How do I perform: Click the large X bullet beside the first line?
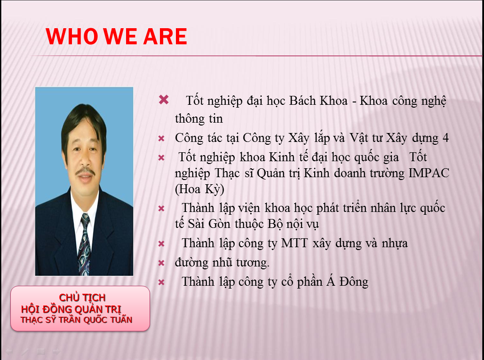(164, 100)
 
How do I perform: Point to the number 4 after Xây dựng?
(445, 138)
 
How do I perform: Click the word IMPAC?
(429, 173)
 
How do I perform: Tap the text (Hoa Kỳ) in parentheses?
(199, 189)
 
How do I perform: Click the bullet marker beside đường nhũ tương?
(161, 263)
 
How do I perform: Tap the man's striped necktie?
(84, 244)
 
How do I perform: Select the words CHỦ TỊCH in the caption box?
(82, 297)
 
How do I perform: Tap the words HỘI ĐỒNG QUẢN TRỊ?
(71, 309)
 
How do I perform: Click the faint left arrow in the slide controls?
(9, 351)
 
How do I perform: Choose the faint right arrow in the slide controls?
(56, 351)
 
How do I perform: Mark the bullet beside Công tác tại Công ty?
(161, 139)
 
